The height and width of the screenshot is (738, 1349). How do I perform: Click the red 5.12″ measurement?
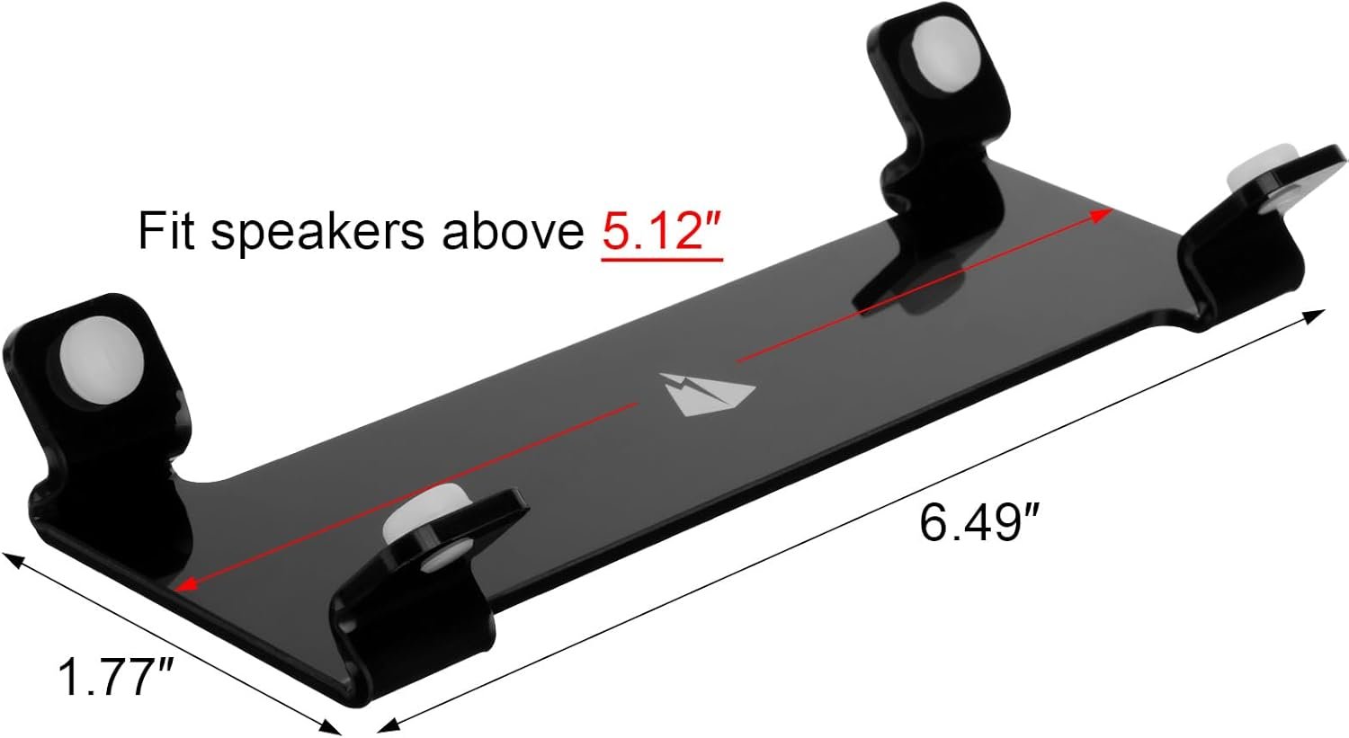662,231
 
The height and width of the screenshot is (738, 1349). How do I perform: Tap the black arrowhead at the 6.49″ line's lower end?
384,725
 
